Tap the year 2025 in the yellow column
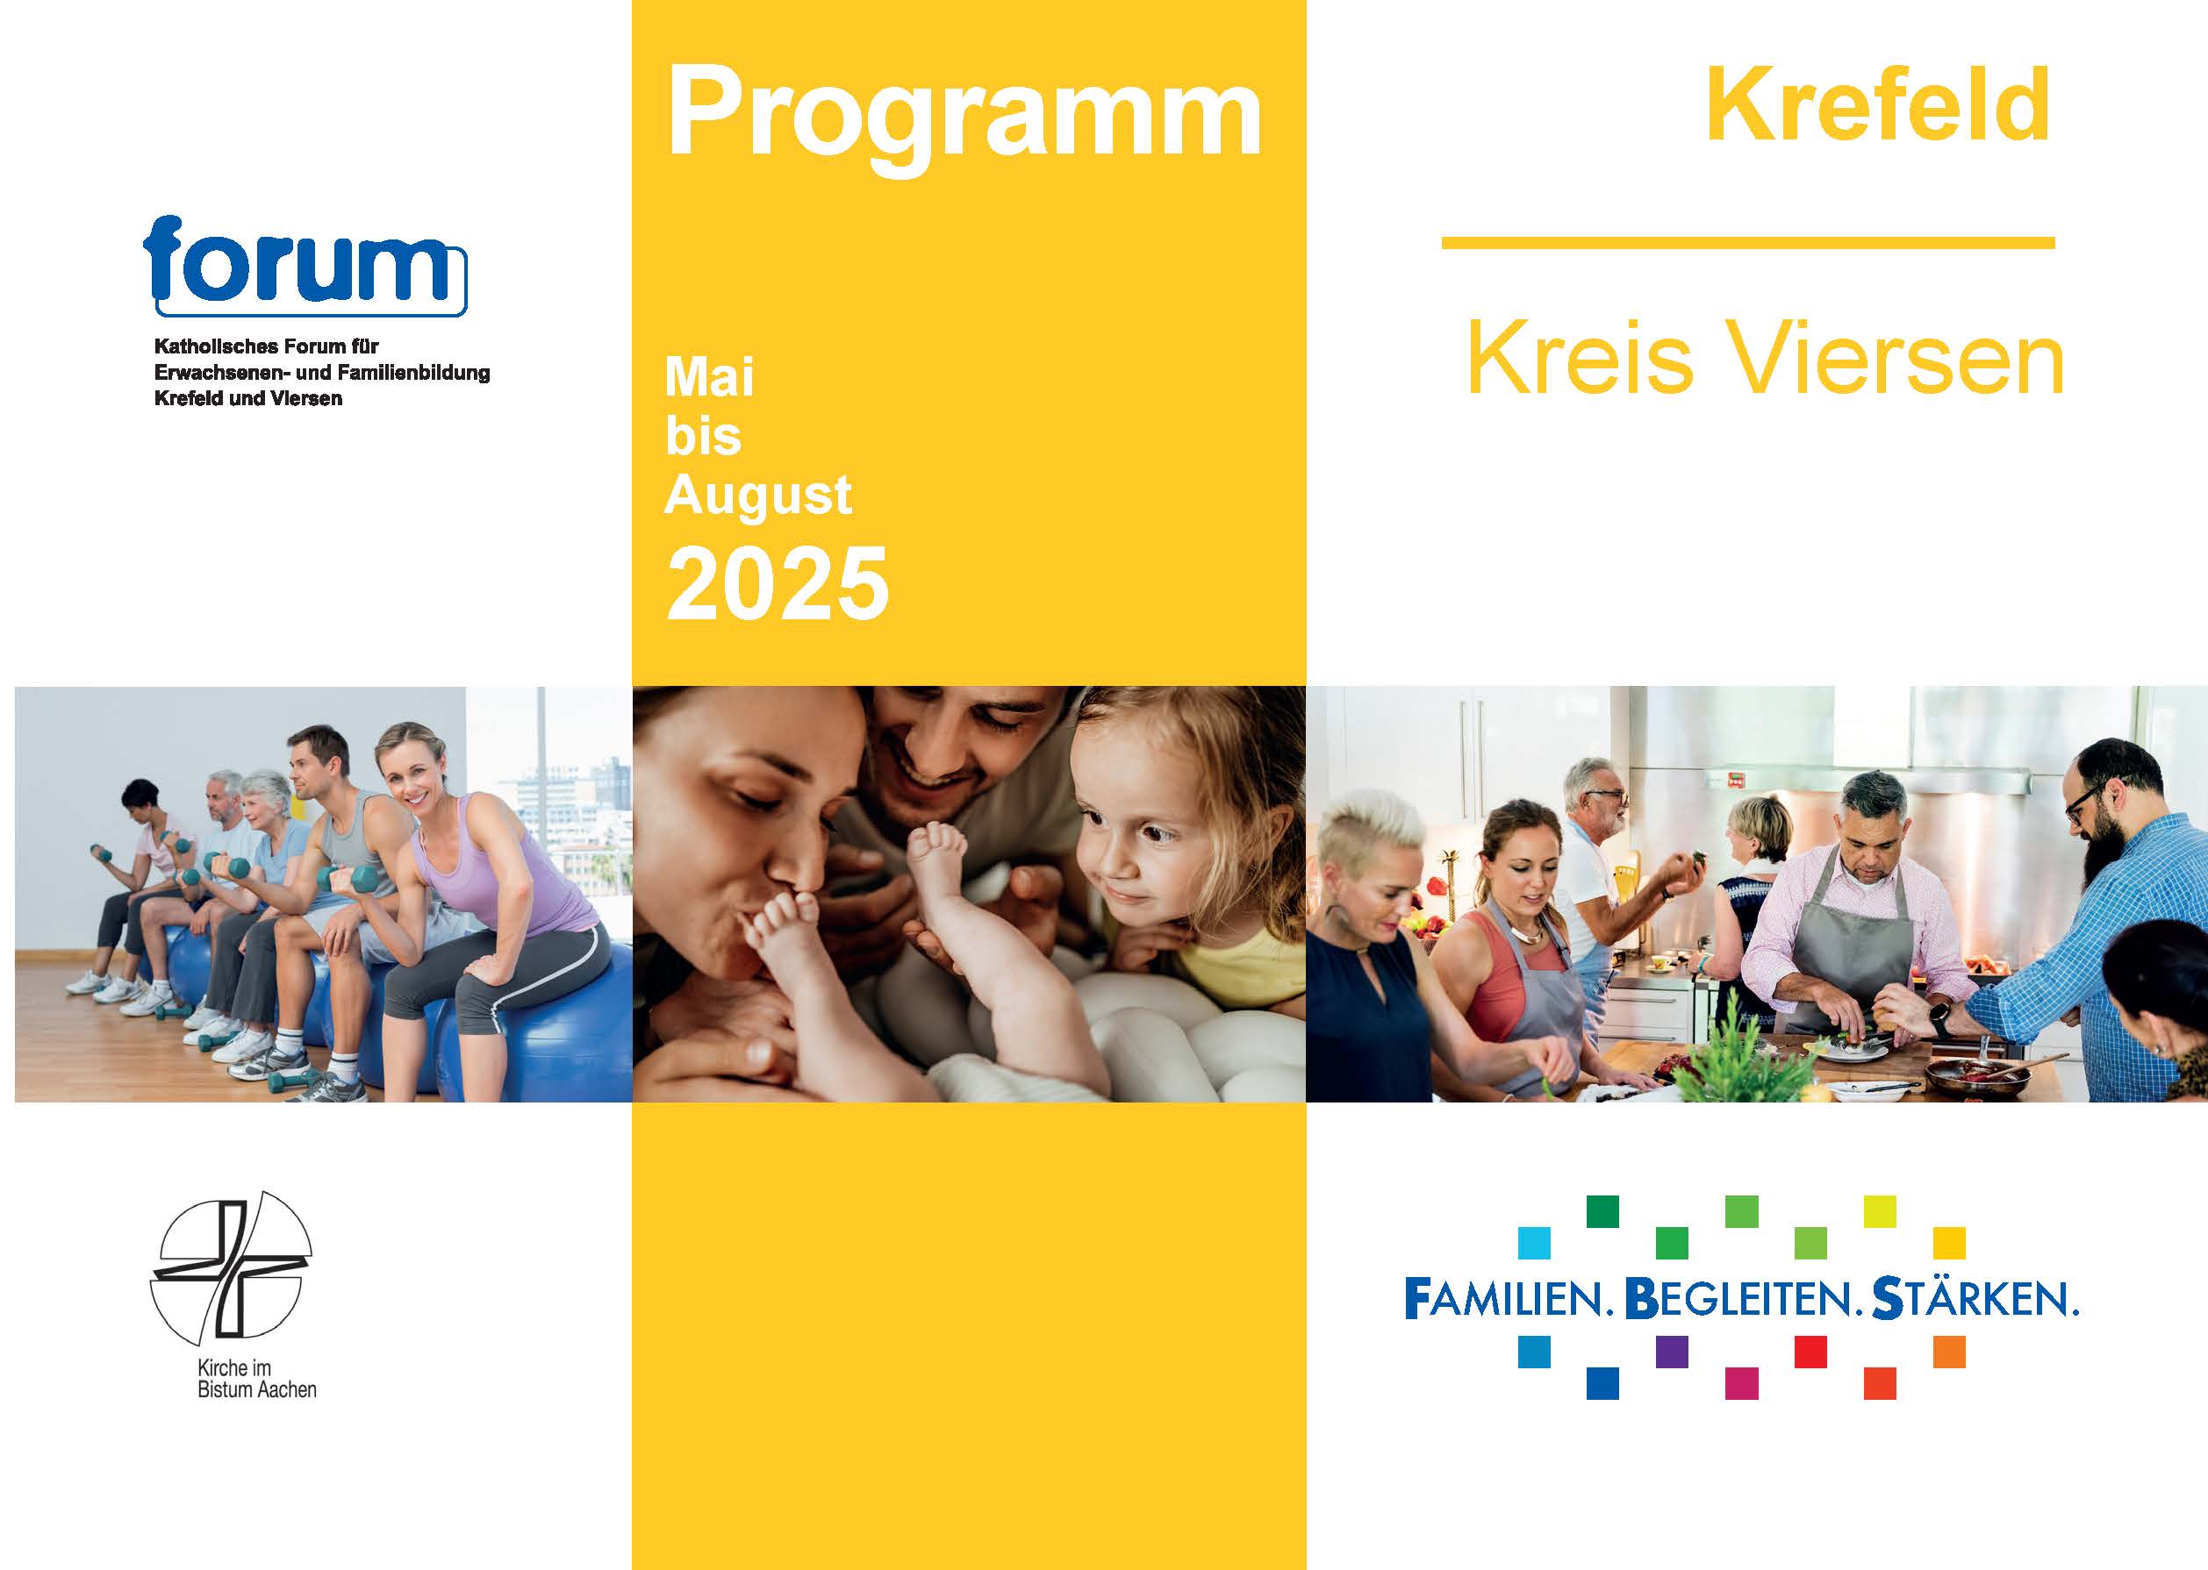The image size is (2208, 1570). [778, 584]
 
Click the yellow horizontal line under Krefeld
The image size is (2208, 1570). [1747, 243]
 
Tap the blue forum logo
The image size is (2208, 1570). [305, 266]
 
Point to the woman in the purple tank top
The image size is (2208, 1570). [493, 889]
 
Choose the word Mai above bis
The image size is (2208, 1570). [709, 377]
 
